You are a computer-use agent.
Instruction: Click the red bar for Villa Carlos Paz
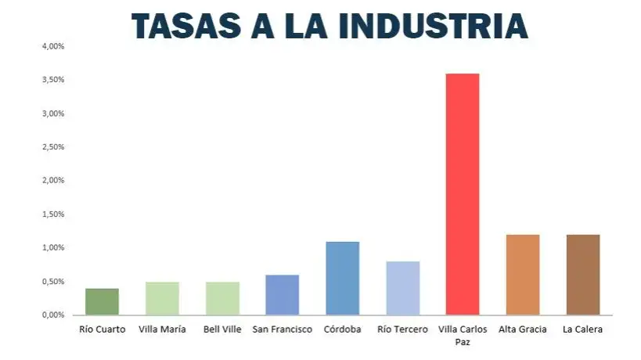462,194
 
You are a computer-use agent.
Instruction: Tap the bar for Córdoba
342,278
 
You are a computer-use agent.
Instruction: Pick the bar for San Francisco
282,294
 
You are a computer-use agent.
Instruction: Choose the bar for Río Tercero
402,288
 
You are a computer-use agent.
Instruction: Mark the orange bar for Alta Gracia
522,274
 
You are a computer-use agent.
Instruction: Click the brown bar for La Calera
582,274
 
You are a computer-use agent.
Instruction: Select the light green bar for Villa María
162,298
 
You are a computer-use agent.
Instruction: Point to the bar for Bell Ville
222,298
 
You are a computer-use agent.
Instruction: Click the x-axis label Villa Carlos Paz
462,335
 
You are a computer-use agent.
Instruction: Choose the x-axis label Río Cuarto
102,329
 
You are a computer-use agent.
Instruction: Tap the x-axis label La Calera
582,329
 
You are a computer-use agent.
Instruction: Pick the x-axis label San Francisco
282,329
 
